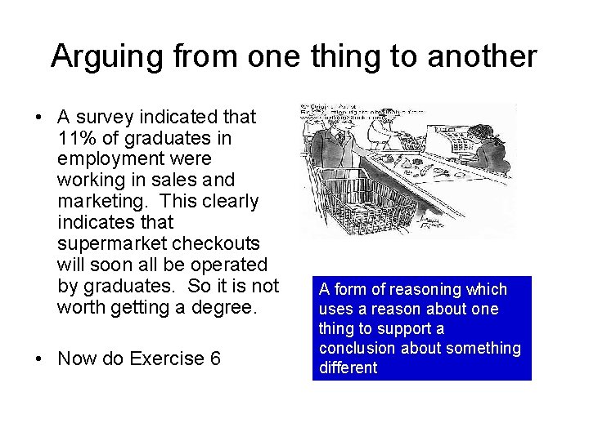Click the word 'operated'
coord(232,265)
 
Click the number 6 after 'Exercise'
coord(215,359)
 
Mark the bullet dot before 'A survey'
coord(39,118)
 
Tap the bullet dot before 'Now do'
coord(39,359)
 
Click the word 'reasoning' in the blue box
coord(424,290)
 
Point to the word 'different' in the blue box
coord(348,368)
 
